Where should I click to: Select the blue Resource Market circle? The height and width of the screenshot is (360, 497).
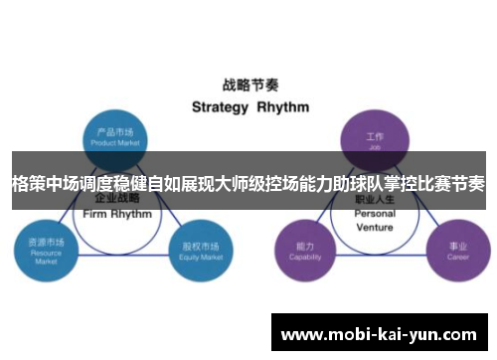(45, 248)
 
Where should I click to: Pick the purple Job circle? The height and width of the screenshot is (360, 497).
(374, 136)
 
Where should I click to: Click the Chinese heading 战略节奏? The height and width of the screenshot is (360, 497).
(248, 85)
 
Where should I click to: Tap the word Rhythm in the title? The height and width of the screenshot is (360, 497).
(283, 106)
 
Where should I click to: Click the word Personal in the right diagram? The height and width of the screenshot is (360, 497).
(375, 214)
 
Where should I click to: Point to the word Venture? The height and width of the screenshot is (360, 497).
(375, 226)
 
